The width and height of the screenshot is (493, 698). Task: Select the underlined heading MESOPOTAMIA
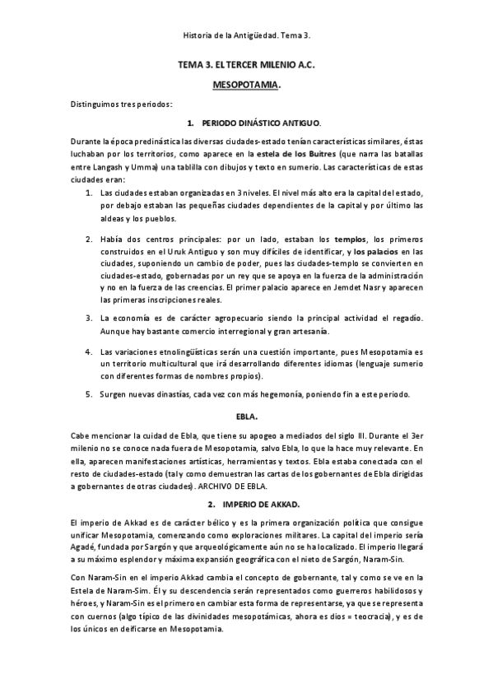(x=246, y=84)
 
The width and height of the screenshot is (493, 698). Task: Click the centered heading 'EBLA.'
(x=246, y=418)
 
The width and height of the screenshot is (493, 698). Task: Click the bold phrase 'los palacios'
(x=379, y=251)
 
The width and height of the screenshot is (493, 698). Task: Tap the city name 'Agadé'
(x=85, y=547)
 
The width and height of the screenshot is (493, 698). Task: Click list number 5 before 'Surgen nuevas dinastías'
(x=90, y=394)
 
